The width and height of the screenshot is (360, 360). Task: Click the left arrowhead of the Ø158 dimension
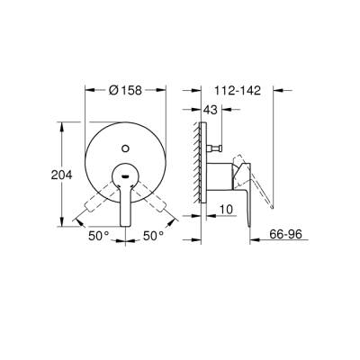click(88, 92)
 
